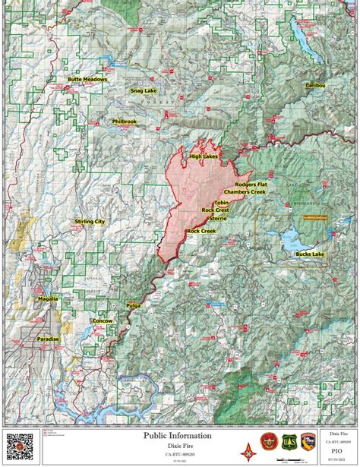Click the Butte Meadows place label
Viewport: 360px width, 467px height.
(87, 79)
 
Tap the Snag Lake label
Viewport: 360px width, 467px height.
(142, 90)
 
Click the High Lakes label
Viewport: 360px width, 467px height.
(204, 156)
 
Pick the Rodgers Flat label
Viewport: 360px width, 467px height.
(251, 185)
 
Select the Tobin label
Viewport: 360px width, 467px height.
(221, 203)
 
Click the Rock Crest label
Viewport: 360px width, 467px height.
(215, 210)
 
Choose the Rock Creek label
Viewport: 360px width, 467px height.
(201, 231)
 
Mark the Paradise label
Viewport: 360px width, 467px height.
(49, 339)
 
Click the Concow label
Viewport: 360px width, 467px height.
(101, 321)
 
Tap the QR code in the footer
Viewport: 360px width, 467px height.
(19, 446)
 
